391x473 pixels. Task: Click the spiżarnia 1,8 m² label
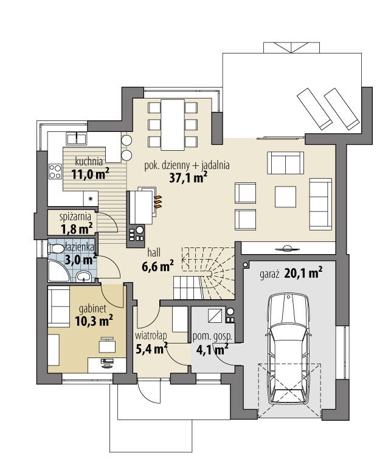point(76,223)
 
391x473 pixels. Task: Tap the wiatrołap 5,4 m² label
point(151,342)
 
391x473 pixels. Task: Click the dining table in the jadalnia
point(173,125)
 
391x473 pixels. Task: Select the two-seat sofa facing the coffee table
point(285,163)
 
